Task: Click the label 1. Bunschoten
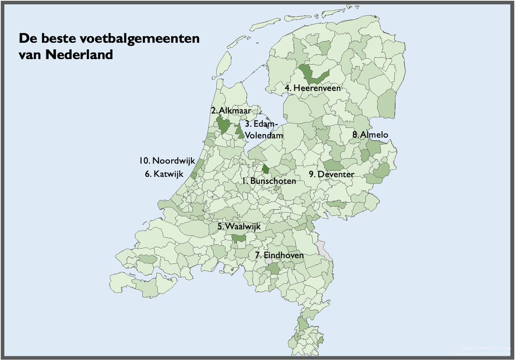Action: tap(268, 181)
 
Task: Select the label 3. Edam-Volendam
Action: tap(264, 130)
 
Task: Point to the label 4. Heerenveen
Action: tap(313, 88)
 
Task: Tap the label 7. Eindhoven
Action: tap(279, 255)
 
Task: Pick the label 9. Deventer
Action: tap(332, 174)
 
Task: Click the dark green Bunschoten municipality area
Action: tap(266, 169)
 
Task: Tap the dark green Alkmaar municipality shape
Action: tap(224, 125)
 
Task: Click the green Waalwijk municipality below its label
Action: tap(238, 238)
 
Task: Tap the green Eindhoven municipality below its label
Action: tap(273, 269)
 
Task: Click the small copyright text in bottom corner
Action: tap(481, 351)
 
